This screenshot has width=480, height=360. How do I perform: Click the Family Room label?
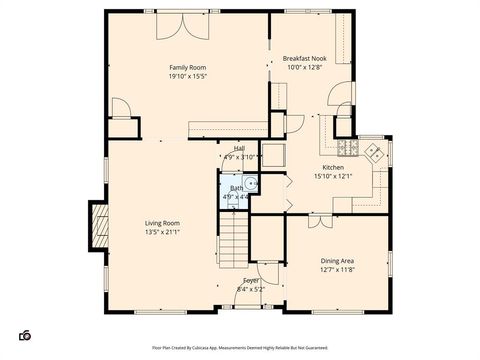coord(186,67)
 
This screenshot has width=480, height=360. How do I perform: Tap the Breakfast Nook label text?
coord(304,59)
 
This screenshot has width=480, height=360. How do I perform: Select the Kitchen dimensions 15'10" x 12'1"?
coord(333,177)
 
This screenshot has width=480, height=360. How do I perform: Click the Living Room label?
coord(162,223)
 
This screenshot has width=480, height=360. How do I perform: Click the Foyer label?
coord(250,280)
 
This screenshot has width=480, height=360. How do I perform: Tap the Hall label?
coord(240,147)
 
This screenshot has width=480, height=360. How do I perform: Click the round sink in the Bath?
coord(252,182)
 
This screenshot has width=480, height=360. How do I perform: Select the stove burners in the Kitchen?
coord(372,153)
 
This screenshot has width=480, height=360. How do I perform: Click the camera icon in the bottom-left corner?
coord(26,334)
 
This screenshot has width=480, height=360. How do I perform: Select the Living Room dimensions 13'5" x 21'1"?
coord(162,232)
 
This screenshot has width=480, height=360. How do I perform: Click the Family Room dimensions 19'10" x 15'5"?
coord(186,76)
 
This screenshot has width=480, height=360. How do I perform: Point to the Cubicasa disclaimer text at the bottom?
coord(239,348)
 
